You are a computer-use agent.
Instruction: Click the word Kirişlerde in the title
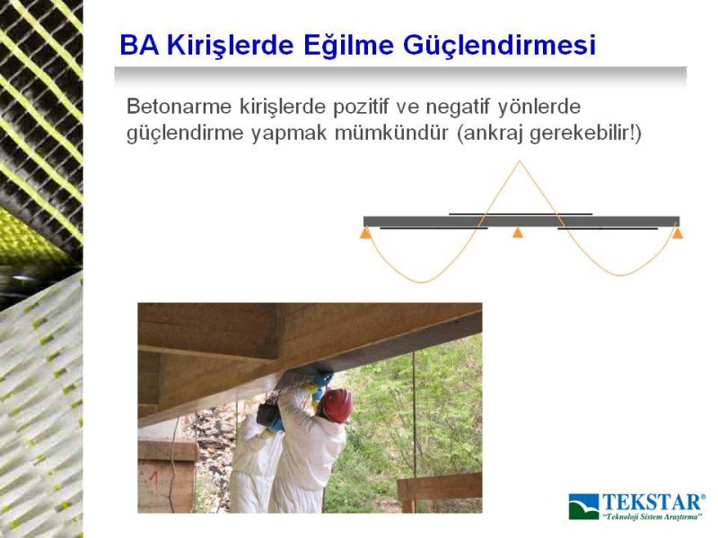(230, 45)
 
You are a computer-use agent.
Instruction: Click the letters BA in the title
(139, 45)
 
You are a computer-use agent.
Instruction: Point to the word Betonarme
(179, 107)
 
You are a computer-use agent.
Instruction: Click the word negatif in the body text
(458, 108)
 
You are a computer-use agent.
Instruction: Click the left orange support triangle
(365, 233)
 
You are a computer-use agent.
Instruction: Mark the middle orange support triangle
(518, 232)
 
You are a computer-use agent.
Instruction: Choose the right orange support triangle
(678, 233)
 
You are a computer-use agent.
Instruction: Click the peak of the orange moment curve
(519, 161)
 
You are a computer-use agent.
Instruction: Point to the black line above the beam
(521, 213)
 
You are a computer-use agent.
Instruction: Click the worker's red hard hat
(337, 404)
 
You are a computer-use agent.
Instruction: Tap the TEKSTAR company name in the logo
(653, 502)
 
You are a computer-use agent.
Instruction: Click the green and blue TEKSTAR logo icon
(584, 507)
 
